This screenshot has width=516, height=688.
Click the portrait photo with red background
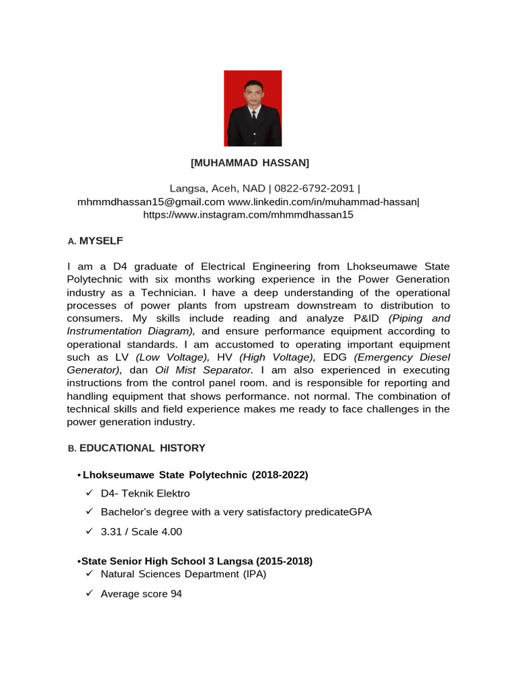[x=253, y=108]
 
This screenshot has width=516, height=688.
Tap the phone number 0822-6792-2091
[x=315, y=189]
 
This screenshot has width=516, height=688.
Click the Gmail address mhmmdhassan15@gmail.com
[x=151, y=202]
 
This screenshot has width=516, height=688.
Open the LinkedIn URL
[x=322, y=202]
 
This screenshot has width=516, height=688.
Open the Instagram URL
[x=248, y=215]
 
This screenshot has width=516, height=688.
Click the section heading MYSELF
[x=101, y=241]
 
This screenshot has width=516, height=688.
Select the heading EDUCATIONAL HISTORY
[x=142, y=448]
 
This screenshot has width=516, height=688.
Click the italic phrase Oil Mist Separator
[x=203, y=370]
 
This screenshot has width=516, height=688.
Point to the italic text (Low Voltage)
[x=173, y=357]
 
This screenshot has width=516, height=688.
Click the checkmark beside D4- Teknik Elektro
[x=89, y=494]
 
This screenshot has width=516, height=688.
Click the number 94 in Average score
[x=176, y=595]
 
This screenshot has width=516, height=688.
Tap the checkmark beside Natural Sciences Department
[x=89, y=574]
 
